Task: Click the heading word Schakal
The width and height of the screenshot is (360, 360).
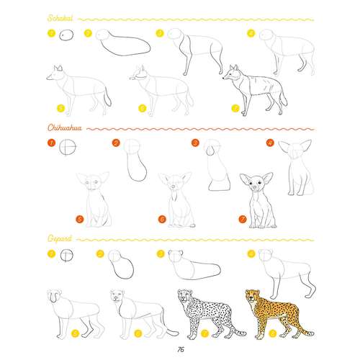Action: [x=60, y=18]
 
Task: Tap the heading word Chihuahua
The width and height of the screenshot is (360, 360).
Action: [x=65, y=127]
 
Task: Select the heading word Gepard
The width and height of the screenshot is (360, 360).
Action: [x=60, y=238]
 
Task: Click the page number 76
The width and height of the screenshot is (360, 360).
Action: [x=181, y=349]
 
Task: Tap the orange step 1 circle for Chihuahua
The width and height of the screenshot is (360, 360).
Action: [x=52, y=143]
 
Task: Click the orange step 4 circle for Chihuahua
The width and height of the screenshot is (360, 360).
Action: [x=270, y=143]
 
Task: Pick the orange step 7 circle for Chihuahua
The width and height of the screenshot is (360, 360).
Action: [x=243, y=219]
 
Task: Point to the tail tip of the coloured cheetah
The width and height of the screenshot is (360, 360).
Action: [x=312, y=333]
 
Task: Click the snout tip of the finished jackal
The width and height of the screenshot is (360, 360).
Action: [x=224, y=78]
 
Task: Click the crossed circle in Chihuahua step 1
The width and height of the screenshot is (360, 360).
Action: [x=68, y=147]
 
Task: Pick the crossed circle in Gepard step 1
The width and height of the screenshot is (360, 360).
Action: [x=66, y=255]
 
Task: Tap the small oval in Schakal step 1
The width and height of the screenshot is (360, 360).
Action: [x=66, y=35]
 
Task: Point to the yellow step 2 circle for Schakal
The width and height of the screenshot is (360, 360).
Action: [x=88, y=33]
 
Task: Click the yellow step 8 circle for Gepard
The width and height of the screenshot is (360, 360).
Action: [x=273, y=333]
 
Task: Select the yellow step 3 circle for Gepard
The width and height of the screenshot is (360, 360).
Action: [x=161, y=253]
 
